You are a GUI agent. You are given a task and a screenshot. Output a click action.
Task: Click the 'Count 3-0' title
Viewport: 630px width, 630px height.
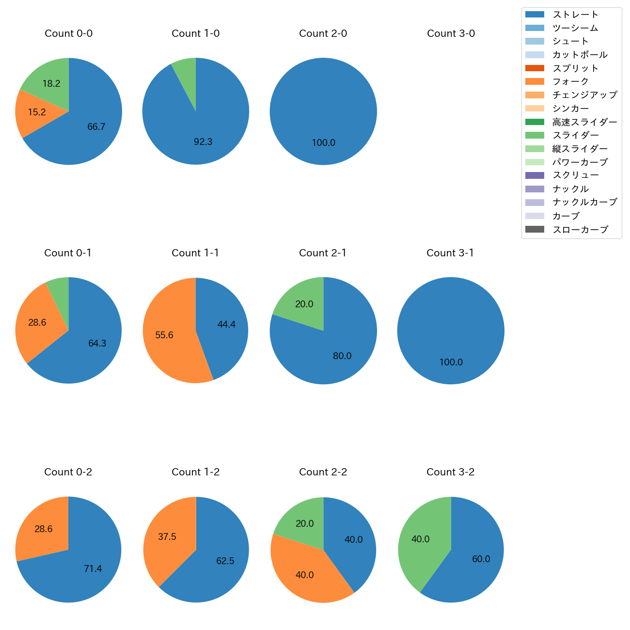point(451,33)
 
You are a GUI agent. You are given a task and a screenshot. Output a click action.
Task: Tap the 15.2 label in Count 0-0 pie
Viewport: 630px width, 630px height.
point(37,112)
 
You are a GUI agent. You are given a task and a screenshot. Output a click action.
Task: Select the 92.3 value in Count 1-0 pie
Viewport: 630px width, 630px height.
point(203,142)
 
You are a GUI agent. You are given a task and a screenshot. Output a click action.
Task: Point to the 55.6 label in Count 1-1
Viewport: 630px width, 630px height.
point(164,335)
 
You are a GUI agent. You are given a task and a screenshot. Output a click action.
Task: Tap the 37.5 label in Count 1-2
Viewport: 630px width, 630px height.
point(167,537)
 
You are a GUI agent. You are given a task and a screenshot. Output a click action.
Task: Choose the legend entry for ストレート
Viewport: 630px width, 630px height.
point(575,15)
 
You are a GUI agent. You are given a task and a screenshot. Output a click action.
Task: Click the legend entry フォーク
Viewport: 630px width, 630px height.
point(570,81)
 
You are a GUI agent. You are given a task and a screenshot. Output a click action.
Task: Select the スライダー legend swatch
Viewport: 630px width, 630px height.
point(535,135)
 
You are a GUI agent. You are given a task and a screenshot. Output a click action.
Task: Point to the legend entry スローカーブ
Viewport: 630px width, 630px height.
point(580,230)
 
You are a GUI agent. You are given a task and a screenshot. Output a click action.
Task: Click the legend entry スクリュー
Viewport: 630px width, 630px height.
point(575,175)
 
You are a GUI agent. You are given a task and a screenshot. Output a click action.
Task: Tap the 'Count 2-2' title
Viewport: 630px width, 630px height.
point(323,472)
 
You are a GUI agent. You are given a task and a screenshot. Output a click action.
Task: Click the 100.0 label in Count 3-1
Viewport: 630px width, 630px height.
point(451,362)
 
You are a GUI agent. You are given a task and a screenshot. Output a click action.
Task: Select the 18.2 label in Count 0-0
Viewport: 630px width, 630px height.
point(51,84)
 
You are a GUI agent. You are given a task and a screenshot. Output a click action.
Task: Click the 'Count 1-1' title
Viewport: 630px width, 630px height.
point(195,253)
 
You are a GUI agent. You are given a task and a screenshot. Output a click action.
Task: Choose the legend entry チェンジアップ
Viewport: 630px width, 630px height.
point(585,95)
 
